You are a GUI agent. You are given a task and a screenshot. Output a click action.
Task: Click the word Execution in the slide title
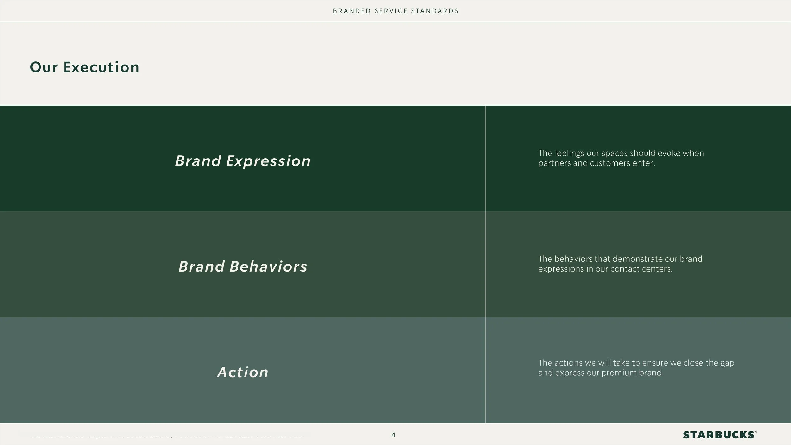point(101,67)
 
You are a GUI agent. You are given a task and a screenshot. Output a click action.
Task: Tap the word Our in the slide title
point(44,67)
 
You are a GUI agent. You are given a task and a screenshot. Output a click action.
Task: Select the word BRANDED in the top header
point(352,11)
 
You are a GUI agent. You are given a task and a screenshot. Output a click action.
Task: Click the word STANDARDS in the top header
point(435,11)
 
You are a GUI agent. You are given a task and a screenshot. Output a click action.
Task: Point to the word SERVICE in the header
point(391,11)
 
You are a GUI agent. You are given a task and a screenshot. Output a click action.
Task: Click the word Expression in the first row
point(268,161)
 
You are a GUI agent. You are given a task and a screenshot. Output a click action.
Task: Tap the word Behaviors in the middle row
point(268,267)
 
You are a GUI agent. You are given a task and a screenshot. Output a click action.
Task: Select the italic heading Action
point(243,372)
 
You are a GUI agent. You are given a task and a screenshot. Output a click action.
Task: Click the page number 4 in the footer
point(393,435)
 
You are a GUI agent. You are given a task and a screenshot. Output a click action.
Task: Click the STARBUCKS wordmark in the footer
point(719,435)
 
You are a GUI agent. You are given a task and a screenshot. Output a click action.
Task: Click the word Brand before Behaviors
point(202,267)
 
